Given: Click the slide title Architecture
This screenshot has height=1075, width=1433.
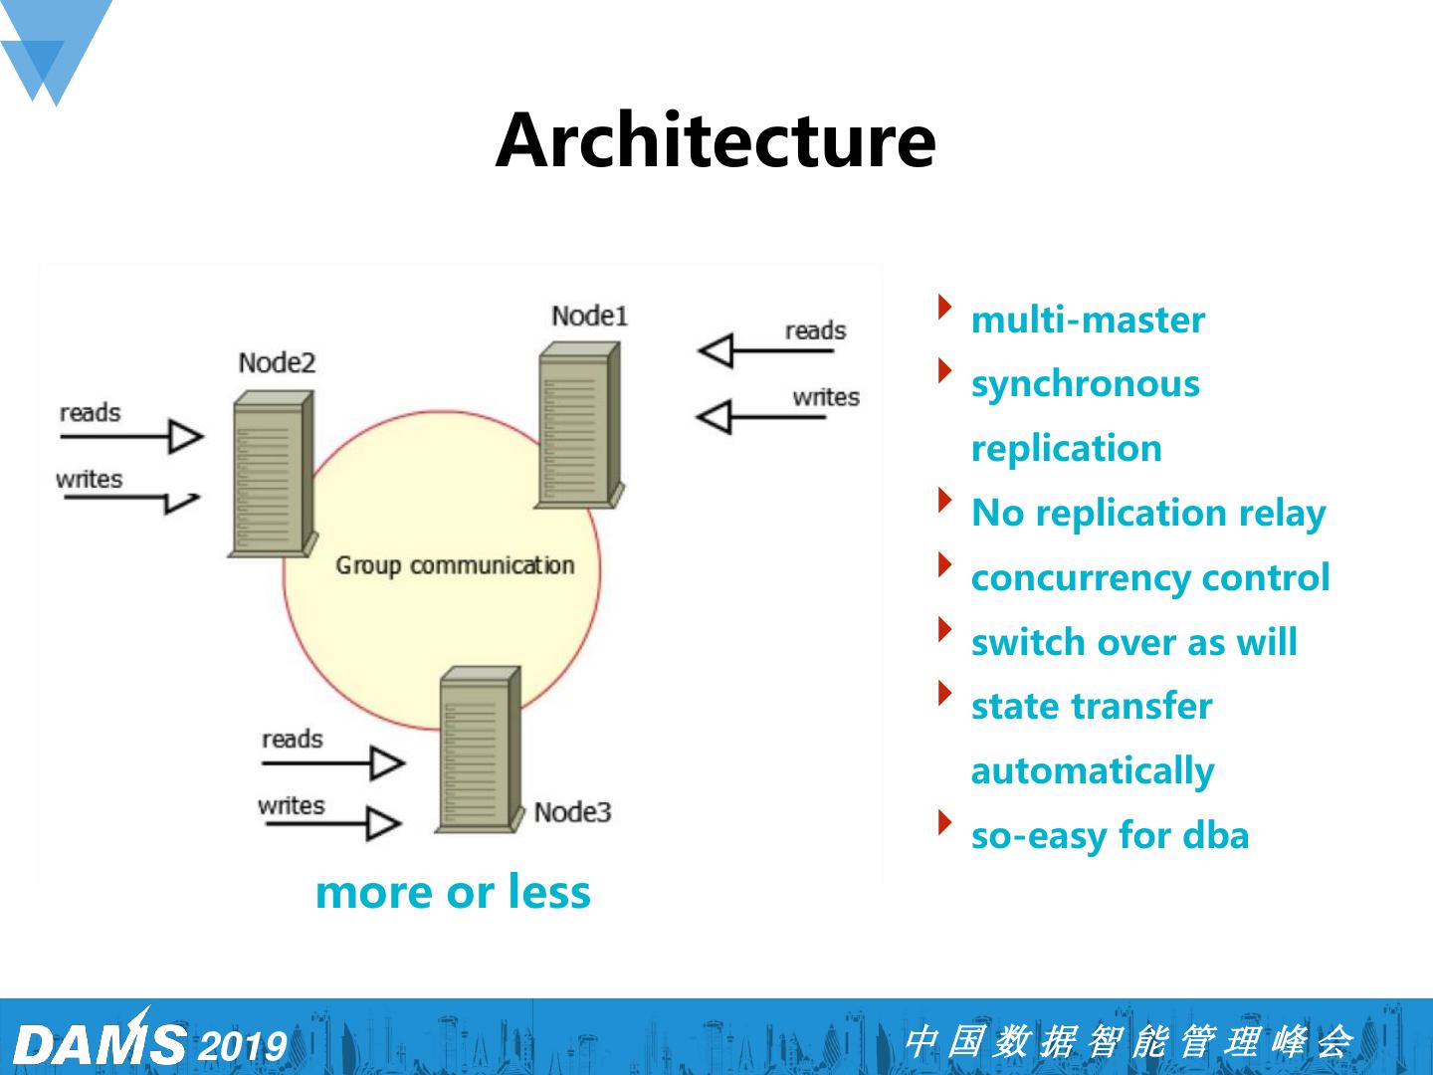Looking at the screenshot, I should pyautogui.click(x=716, y=140).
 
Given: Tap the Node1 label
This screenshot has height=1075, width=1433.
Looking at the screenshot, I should pyautogui.click(x=590, y=316).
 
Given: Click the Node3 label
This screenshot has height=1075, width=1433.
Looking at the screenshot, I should pyautogui.click(x=572, y=812).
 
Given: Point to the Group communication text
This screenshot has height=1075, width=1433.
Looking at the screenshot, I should pyautogui.click(x=455, y=565).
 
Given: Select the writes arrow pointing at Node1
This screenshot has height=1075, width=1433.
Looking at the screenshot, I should pyautogui.click(x=762, y=416).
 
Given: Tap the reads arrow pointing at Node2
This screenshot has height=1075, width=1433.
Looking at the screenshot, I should pyautogui.click(x=131, y=436).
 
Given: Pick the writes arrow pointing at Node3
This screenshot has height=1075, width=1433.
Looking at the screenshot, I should pyautogui.click(x=330, y=823).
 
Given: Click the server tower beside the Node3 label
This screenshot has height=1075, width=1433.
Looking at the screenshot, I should pyautogui.click(x=479, y=750).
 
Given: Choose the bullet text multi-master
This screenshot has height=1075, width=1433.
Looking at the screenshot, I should pyautogui.click(x=1088, y=321).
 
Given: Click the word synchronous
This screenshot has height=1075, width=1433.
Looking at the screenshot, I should pyautogui.click(x=1085, y=384).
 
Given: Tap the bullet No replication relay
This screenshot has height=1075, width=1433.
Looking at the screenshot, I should pyautogui.click(x=1148, y=514).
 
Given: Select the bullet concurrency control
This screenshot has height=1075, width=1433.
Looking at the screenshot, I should pyautogui.click(x=1150, y=578).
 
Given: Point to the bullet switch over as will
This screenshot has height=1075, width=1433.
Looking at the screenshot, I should pyautogui.click(x=1133, y=643).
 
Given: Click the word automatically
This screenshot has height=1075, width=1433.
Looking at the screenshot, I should pyautogui.click(x=1092, y=771).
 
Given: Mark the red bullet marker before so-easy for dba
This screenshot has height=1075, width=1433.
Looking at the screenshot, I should pyautogui.click(x=943, y=823).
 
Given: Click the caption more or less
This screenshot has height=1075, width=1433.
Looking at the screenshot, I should pyautogui.click(x=453, y=892).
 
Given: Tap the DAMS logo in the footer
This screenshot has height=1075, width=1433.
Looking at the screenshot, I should pyautogui.click(x=100, y=1041).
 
